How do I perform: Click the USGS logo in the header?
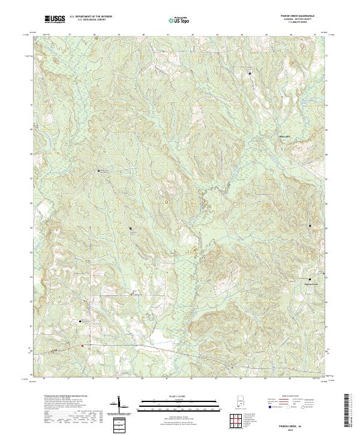pos(55,20)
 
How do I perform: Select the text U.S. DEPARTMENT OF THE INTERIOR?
pos(92,16)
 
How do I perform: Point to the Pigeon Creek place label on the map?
pos(317,284)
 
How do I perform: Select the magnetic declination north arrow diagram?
pos(119,407)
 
